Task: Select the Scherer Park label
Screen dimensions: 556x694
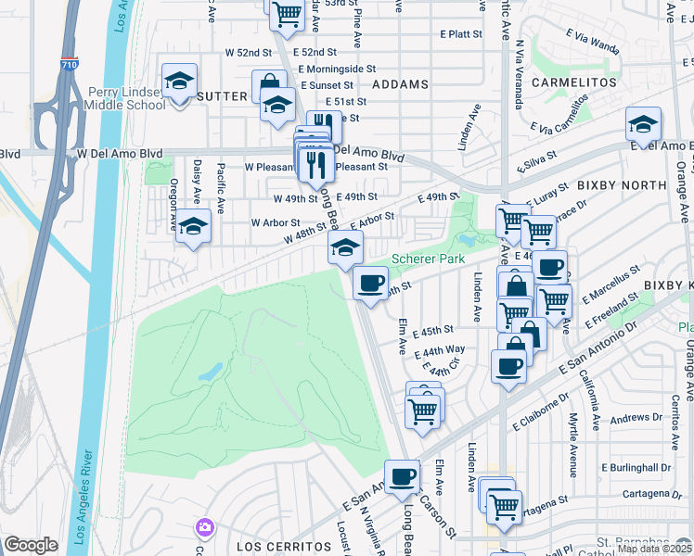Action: pyautogui.click(x=427, y=259)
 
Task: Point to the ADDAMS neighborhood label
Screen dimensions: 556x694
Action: pyautogui.click(x=400, y=84)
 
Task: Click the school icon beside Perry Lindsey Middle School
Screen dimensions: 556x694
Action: pyautogui.click(x=180, y=82)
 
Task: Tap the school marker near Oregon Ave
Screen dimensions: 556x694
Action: pyautogui.click(x=193, y=227)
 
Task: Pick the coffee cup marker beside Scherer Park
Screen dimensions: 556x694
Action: pyautogui.click(x=370, y=283)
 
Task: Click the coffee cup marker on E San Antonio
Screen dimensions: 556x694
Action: pyautogui.click(x=402, y=476)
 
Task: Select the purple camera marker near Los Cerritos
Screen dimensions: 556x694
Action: pyautogui.click(x=204, y=528)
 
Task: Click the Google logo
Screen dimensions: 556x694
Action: pyautogui.click(x=31, y=545)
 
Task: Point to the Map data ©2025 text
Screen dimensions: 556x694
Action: pyautogui.click(x=653, y=549)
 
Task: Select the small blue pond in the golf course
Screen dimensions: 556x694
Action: pyautogui.click(x=211, y=372)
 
